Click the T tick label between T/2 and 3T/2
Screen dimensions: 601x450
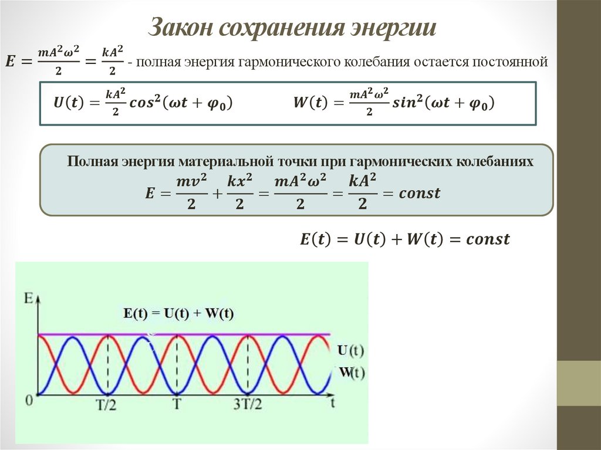pyautogui.click(x=177, y=404)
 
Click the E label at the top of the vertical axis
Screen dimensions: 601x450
pyautogui.click(x=28, y=297)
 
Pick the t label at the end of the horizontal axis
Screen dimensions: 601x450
pyautogui.click(x=332, y=402)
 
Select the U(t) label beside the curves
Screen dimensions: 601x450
pyautogui.click(x=351, y=351)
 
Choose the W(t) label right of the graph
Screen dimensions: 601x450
pyautogui.click(x=352, y=373)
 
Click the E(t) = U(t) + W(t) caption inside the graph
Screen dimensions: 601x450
pyautogui.click(x=178, y=313)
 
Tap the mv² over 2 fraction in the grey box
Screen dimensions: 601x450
pyautogui.click(x=191, y=193)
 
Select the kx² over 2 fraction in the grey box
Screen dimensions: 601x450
pyautogui.click(x=239, y=193)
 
